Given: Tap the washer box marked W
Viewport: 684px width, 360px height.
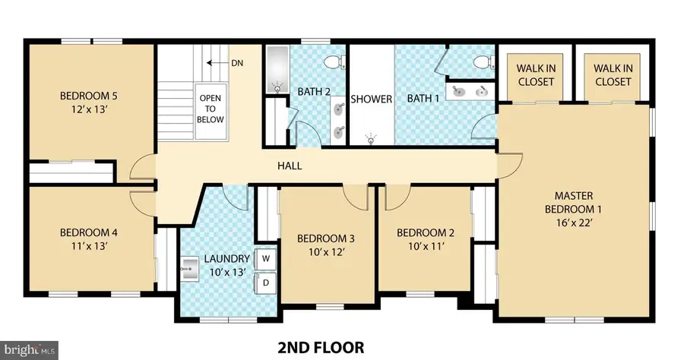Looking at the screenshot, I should [266, 258].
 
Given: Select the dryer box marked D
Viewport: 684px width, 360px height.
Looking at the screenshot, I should [266, 283].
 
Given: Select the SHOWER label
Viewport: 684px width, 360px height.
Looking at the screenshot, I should [371, 99].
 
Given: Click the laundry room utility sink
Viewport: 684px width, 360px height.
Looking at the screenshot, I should [189, 267].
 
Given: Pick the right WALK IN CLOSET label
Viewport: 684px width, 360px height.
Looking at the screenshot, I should [613, 74].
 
